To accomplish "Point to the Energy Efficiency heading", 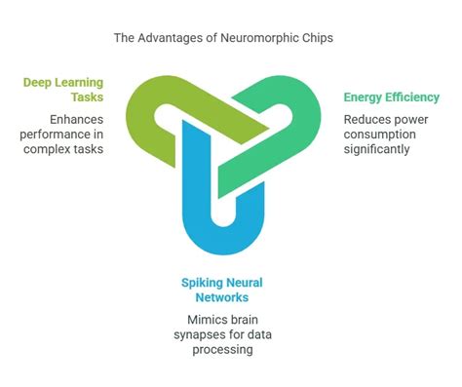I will point(391,97).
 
